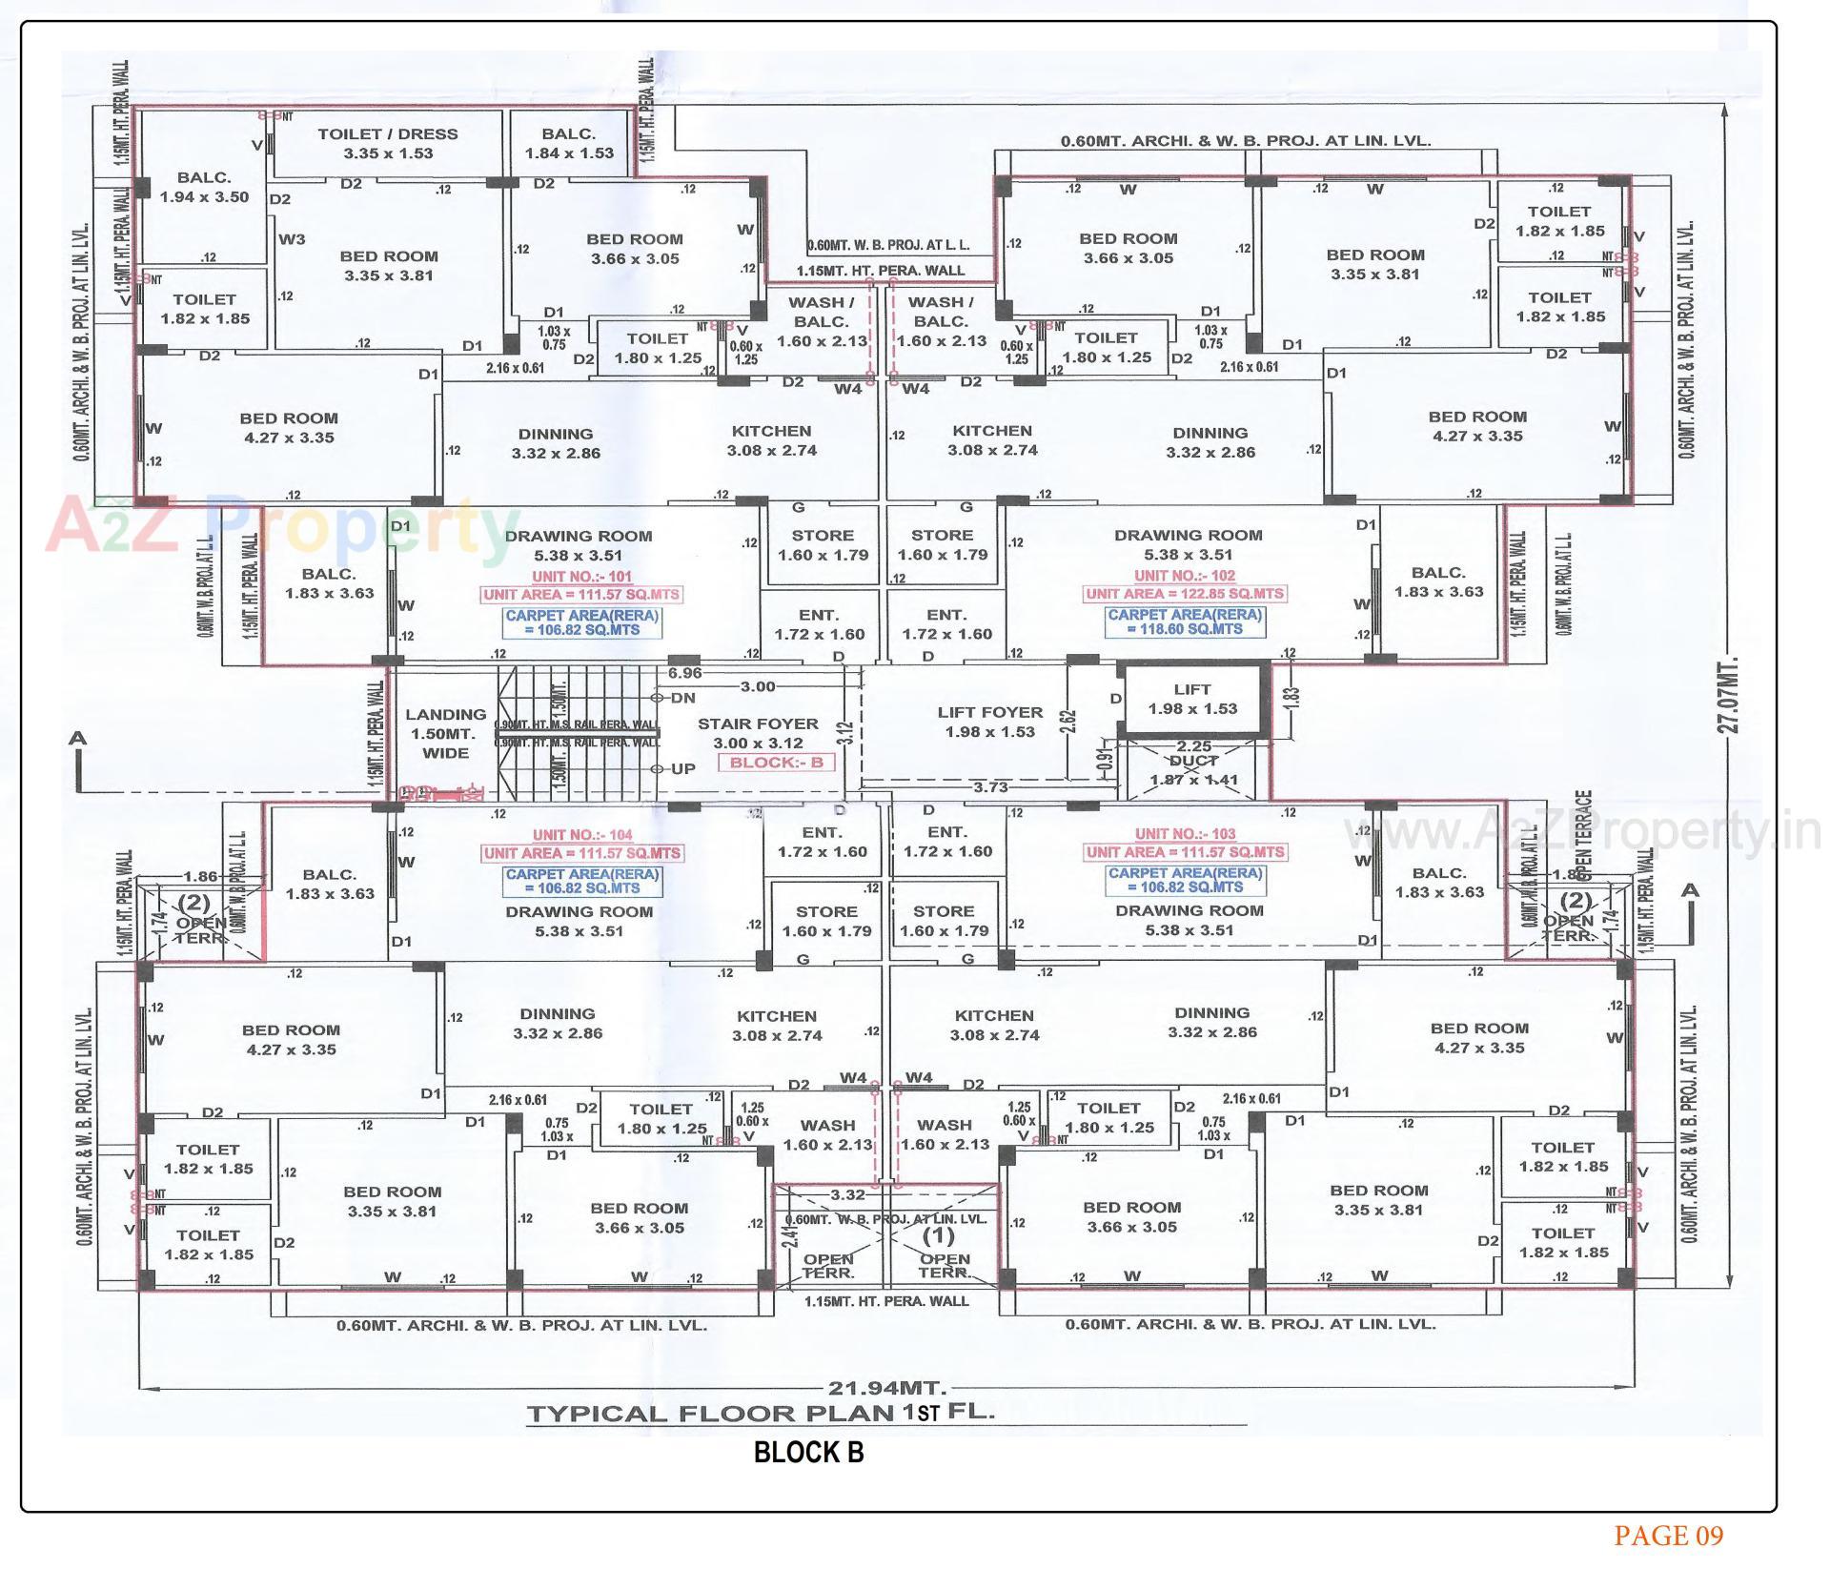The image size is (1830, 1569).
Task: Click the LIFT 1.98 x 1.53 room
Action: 1192,699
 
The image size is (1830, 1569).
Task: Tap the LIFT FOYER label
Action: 990,712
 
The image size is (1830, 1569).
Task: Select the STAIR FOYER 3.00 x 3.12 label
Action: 758,733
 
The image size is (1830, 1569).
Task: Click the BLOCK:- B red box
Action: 776,763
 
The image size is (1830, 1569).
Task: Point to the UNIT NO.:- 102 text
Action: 1185,576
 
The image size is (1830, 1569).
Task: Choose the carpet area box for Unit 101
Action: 581,622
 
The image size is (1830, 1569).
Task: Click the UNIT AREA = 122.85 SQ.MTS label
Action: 1185,594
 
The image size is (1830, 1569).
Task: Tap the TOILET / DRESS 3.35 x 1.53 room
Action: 387,143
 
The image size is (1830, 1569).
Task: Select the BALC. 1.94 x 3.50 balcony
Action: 204,187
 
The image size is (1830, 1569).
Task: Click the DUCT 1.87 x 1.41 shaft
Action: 1193,770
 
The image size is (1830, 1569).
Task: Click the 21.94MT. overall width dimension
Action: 886,1388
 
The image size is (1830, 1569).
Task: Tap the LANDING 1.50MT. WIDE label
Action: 445,733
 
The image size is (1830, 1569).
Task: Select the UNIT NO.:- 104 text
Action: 582,835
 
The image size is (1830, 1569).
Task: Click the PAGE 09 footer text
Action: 1669,1536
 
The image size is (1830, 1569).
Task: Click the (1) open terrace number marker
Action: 939,1236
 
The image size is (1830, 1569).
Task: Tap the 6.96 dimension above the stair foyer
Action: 684,673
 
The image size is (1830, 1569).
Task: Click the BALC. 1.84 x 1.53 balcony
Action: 569,143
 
